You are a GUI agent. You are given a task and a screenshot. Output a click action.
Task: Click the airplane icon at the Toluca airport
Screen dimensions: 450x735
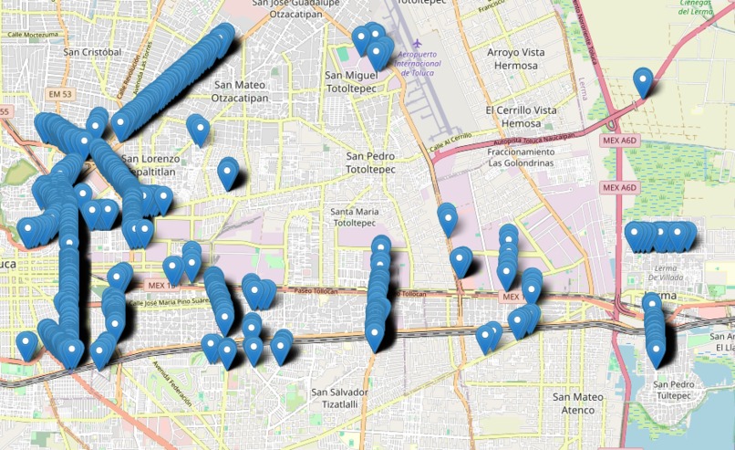pos(418,44)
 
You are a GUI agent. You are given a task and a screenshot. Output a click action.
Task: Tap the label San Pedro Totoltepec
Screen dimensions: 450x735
pos(370,162)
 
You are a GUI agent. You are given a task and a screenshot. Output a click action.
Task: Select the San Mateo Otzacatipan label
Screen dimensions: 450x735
pos(240,90)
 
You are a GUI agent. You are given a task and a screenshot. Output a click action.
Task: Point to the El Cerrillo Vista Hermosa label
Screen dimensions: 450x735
pos(521,116)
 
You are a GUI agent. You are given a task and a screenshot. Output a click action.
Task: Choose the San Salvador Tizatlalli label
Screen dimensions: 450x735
pos(339,399)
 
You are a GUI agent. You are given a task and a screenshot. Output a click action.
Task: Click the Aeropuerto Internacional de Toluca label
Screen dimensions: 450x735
pos(419,63)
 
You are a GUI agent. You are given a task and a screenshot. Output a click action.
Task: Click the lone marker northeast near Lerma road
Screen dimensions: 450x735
pos(644,82)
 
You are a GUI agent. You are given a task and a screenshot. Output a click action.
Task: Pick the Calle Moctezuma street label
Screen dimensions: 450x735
pos(32,35)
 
